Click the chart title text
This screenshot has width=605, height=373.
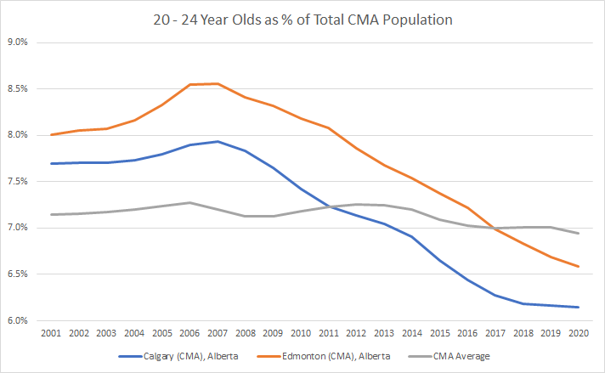tap(302, 16)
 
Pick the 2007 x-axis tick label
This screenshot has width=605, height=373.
tap(218, 334)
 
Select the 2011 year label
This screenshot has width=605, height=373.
tap(328, 334)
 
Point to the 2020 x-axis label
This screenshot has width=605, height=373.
tap(578, 334)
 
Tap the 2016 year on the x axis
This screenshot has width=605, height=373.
tap(466, 334)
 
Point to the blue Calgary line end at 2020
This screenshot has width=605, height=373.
tap(578, 307)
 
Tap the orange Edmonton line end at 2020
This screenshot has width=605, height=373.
tap(578, 266)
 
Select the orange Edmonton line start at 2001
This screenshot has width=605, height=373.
tap(52, 134)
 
